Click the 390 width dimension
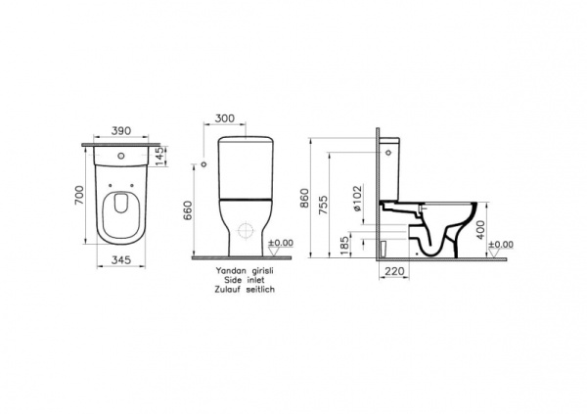click(121, 131)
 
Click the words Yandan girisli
click(240, 271)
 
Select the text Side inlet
click(240, 281)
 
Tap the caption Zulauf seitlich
click(240, 291)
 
